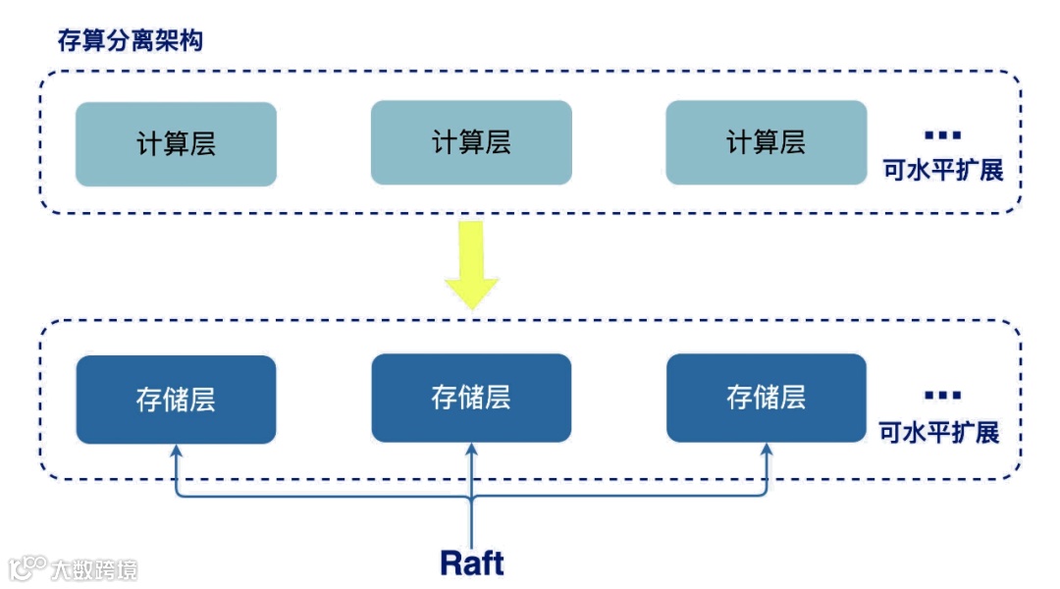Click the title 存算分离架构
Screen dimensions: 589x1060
pos(131,41)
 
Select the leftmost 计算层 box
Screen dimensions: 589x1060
pos(176,144)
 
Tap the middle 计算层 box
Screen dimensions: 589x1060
pos(471,142)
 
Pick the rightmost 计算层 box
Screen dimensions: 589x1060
pos(766,142)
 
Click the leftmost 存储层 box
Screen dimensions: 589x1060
pos(176,400)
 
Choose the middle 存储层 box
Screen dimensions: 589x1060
pos(471,398)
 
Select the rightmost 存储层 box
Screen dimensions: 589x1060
pos(766,398)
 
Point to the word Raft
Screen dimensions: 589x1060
pos(472,562)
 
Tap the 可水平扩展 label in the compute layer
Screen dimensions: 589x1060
pos(942,171)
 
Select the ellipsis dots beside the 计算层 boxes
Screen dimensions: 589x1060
pos(943,135)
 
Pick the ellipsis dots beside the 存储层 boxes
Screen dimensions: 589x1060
pos(942,396)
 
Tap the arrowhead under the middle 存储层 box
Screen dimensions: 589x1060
pos(472,450)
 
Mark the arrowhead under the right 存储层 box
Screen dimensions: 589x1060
pos(767,450)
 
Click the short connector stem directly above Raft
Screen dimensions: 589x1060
pos(472,515)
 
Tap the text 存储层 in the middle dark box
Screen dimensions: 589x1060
pos(471,398)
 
